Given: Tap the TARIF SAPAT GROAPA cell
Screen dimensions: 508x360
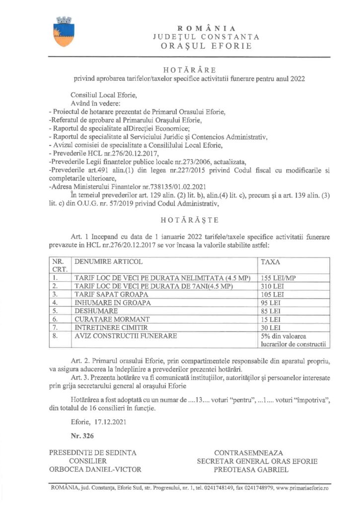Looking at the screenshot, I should coord(111,294).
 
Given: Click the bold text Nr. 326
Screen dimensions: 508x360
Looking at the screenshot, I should coord(81,436).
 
